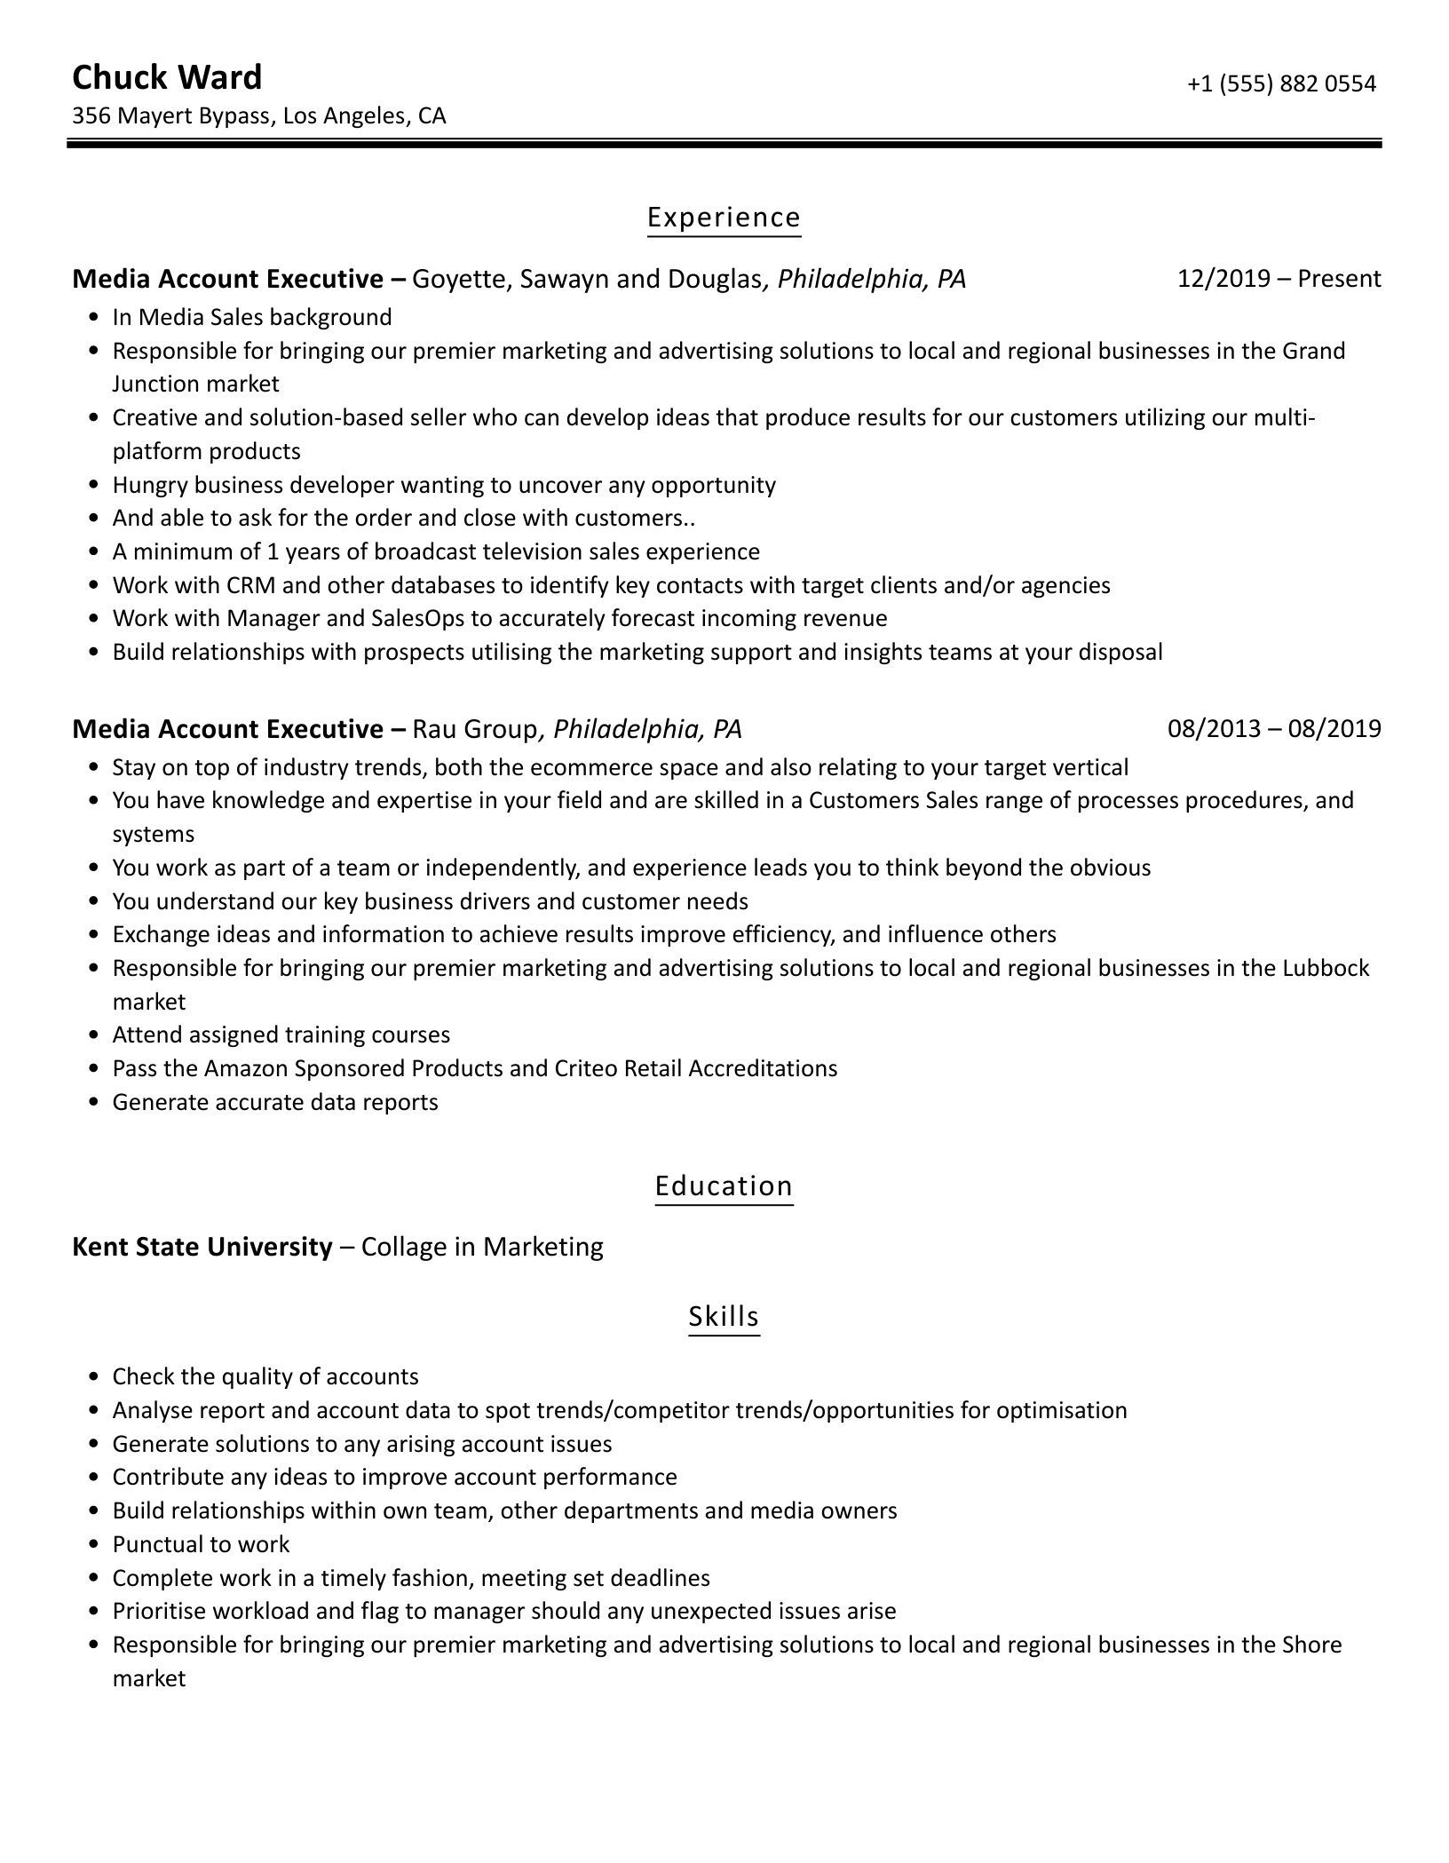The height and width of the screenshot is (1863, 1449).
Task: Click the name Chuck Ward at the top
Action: (x=167, y=78)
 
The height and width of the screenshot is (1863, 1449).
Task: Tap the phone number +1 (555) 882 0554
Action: (x=1281, y=83)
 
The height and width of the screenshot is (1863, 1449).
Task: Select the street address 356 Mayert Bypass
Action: (x=171, y=116)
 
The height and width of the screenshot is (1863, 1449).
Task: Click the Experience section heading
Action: (x=724, y=218)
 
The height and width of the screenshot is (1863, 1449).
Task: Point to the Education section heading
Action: (x=724, y=1186)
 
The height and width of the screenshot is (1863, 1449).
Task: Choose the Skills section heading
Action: (x=724, y=1316)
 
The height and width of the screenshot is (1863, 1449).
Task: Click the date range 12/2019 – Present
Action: (x=1279, y=279)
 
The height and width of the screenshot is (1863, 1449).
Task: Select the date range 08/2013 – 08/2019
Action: (x=1274, y=729)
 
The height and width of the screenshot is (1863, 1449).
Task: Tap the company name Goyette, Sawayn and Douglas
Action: (x=587, y=280)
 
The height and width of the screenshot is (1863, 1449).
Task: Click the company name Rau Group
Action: (x=475, y=730)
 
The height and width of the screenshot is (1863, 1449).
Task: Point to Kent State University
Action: (x=202, y=1247)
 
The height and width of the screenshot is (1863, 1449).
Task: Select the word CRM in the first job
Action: (x=251, y=585)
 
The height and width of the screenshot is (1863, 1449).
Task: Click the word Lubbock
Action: (x=1326, y=968)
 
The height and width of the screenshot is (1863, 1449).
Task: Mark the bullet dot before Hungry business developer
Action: (x=95, y=486)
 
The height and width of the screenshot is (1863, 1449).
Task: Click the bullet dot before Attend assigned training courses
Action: (x=95, y=1035)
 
